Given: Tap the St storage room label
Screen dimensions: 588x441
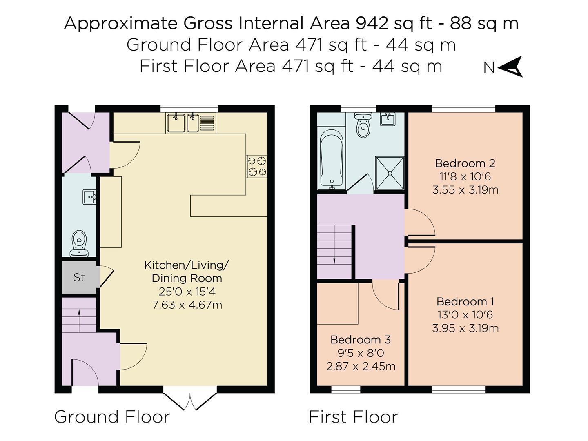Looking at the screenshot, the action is pyautogui.click(x=79, y=277).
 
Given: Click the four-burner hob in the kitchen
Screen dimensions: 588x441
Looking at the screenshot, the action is pyautogui.click(x=256, y=166).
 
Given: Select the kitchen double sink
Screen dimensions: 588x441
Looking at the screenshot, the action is pyautogui.click(x=191, y=123).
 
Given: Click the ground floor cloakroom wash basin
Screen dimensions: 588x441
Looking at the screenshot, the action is pyautogui.click(x=89, y=197).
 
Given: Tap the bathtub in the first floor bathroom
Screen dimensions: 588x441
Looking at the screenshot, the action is pyautogui.click(x=332, y=158).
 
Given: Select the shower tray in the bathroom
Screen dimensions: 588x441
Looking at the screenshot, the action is pyautogui.click(x=390, y=173).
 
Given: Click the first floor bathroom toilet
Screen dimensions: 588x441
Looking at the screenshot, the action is pyautogui.click(x=363, y=125).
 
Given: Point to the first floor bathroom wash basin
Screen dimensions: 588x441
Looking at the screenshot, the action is pyautogui.click(x=388, y=119).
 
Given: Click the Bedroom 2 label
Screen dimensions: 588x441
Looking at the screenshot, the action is pyautogui.click(x=465, y=163).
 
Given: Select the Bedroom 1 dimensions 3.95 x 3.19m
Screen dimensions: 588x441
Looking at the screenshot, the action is pyautogui.click(x=465, y=328).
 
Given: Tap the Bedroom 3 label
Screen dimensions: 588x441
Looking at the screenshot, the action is pyautogui.click(x=361, y=339).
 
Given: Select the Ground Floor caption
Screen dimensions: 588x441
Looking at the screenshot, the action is pyautogui.click(x=112, y=417).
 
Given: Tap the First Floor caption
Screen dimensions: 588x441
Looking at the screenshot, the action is pyautogui.click(x=353, y=417).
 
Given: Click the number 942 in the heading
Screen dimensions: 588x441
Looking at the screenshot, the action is pyautogui.click(x=372, y=23).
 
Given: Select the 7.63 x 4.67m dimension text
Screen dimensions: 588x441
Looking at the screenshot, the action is pyautogui.click(x=187, y=305).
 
